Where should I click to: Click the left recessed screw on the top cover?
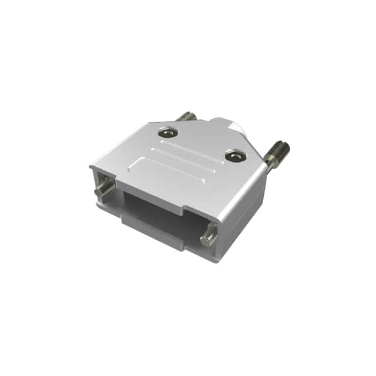167,133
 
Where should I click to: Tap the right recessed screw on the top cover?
234,156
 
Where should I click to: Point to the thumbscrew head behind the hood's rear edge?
187,116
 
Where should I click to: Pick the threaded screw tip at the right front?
209,237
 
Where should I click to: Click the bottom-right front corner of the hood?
217,259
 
